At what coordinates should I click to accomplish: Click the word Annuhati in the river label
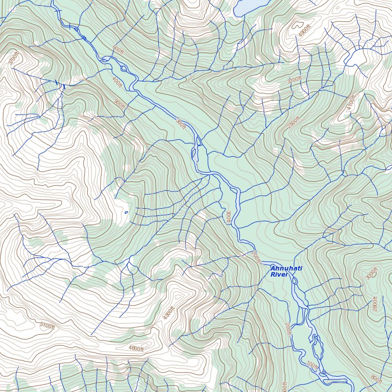[286, 268]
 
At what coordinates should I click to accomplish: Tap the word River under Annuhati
[279, 275]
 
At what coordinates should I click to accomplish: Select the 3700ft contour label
[13, 59]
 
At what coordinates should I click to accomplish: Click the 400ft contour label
[117, 82]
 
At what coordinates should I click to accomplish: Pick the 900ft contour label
[119, 103]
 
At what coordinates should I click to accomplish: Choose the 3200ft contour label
[294, 80]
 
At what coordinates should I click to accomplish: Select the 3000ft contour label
[371, 273]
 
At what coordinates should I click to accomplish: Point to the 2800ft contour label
[375, 304]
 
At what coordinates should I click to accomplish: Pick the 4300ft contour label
[169, 313]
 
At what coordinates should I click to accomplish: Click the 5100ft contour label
[47, 326]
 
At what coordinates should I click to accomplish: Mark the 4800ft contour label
[136, 349]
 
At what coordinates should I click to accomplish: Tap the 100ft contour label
[312, 366]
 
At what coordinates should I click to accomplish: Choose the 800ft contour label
[376, 379]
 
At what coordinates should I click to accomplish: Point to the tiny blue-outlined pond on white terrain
[126, 212]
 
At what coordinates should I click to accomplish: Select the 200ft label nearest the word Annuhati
[256, 257]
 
